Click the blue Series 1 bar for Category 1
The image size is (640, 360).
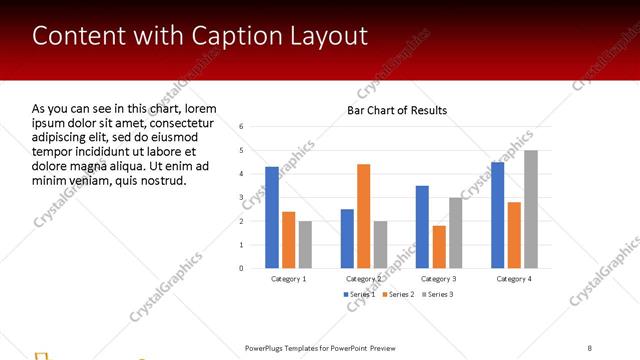click(x=272, y=217)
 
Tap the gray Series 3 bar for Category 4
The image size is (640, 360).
click(x=531, y=209)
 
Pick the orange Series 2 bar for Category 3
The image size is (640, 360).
click(x=438, y=247)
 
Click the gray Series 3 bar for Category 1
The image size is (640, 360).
click(x=305, y=244)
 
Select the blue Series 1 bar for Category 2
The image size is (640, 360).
click(x=347, y=238)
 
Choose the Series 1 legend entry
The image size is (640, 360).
click(x=359, y=294)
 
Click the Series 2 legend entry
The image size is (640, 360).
click(x=398, y=294)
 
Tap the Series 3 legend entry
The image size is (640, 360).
click(x=437, y=294)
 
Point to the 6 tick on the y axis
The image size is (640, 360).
click(x=241, y=127)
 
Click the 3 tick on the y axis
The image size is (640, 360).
click(x=241, y=198)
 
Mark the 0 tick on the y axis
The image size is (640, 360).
click(x=241, y=268)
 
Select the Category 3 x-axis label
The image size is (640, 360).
click(x=438, y=279)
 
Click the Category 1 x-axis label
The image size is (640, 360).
click(x=289, y=279)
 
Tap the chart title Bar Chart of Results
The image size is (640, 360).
click(x=397, y=110)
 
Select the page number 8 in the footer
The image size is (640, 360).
click(x=590, y=348)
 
